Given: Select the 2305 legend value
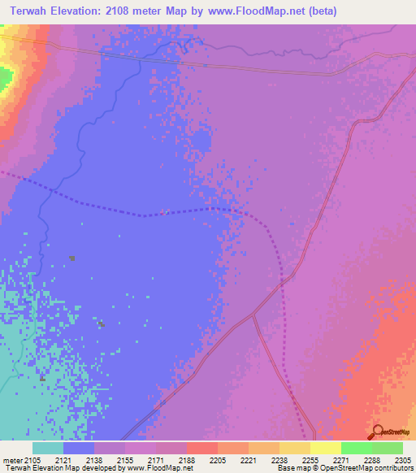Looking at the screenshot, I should click(x=401, y=460).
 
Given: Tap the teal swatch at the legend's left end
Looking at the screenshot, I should click(x=48, y=448).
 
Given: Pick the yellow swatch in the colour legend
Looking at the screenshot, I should click(x=325, y=448).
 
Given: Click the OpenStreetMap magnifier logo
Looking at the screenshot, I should click(x=376, y=432).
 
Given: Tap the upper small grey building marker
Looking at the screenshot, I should click(x=72, y=258).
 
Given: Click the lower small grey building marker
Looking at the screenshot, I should click(x=100, y=323).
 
